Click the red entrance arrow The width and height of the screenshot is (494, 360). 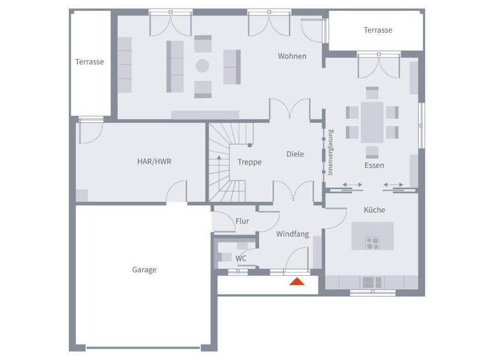pyautogui.click(x=297, y=281)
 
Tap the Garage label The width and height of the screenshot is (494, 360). pyautogui.click(x=144, y=270)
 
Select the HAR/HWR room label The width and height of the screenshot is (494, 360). pyautogui.click(x=154, y=161)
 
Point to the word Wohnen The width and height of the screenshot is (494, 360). pyautogui.click(x=292, y=57)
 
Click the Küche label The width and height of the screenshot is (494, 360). pyautogui.click(x=374, y=210)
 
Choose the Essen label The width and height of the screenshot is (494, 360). pyautogui.click(x=374, y=165)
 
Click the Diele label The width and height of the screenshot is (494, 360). pyautogui.click(x=295, y=154)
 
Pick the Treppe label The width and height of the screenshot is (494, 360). pyautogui.click(x=250, y=162)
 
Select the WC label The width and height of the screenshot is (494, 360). pyautogui.click(x=241, y=258)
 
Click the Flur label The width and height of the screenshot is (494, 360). pyautogui.click(x=242, y=221)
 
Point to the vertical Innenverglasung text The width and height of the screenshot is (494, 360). pyautogui.click(x=331, y=152)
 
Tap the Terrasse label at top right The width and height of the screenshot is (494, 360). pyautogui.click(x=378, y=30)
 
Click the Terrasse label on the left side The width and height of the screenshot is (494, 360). pyautogui.click(x=89, y=62)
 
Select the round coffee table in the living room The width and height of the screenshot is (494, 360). pyautogui.click(x=203, y=66)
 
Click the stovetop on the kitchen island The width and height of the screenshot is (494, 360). pyautogui.click(x=372, y=242)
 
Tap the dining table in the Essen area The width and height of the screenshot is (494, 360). pyautogui.click(x=372, y=122)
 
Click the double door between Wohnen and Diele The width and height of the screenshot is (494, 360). pyautogui.click(x=289, y=109)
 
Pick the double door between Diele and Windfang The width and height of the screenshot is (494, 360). pyautogui.click(x=293, y=191)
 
